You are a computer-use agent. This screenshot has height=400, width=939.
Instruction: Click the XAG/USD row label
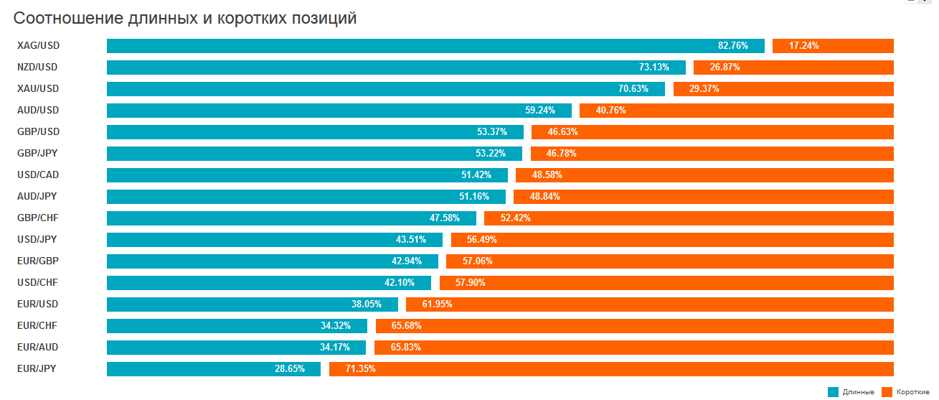pyautogui.click(x=38, y=46)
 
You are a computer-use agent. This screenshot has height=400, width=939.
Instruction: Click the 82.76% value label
pyautogui.click(x=732, y=46)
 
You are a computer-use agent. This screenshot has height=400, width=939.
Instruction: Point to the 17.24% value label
pyautogui.click(x=803, y=46)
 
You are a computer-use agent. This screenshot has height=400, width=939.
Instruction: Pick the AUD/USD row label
pyautogui.click(x=38, y=111)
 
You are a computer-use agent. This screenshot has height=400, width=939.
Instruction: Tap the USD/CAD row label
pyautogui.click(x=38, y=175)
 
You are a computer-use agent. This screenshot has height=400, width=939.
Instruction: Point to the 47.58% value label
pyautogui.click(x=444, y=218)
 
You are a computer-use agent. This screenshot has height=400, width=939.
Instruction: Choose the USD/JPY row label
pyautogui.click(x=37, y=240)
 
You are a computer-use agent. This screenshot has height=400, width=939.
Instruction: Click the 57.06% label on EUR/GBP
pyautogui.click(x=477, y=261)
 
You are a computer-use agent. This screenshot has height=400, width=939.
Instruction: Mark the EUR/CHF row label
pyautogui.click(x=37, y=326)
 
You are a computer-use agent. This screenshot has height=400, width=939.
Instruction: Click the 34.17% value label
pyautogui.click(x=335, y=348)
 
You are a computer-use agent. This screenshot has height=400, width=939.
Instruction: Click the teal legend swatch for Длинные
pyautogui.click(x=833, y=392)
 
